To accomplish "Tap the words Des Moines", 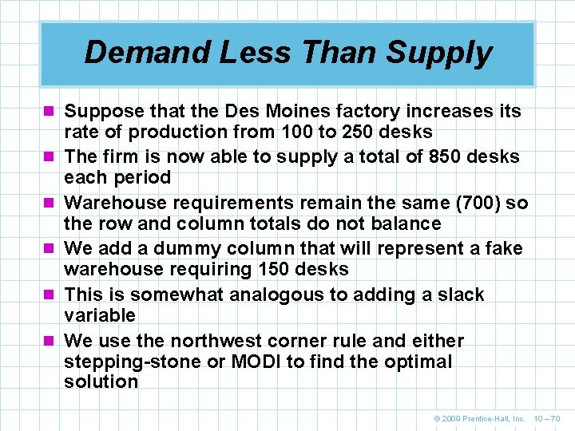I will point(283,111).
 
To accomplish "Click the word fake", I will point(503,250).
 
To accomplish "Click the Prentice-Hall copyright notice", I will point(479,417).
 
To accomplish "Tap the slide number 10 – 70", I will point(548,417).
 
